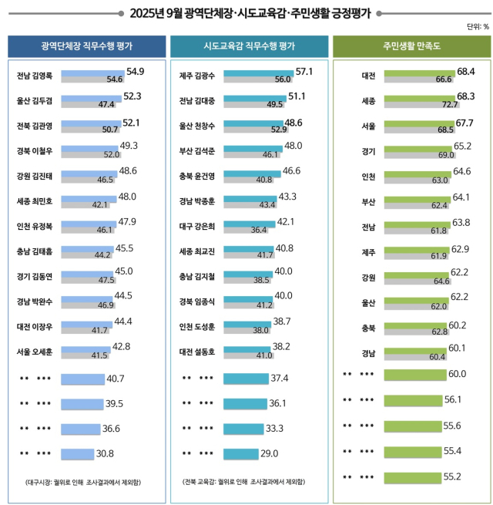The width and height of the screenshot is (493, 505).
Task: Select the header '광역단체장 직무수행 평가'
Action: point(86,46)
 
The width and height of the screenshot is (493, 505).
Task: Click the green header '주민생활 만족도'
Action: point(411,46)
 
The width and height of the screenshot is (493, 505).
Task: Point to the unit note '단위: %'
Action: point(478,27)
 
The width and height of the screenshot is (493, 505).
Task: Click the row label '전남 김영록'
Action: point(35,76)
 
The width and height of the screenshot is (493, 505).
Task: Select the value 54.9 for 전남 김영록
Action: point(136,72)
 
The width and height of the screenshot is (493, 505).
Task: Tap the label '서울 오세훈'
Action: point(35,351)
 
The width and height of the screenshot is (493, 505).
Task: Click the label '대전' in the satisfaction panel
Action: point(367,76)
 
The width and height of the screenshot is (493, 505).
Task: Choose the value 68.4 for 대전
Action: point(465,72)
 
